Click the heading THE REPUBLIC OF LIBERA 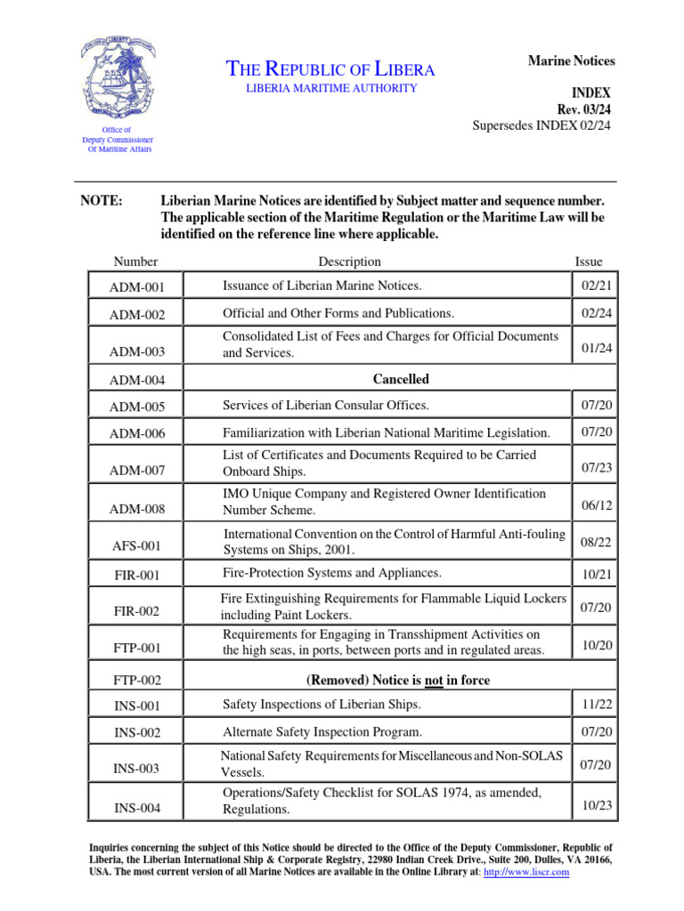click(x=331, y=69)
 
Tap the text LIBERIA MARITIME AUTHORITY click(x=330, y=88)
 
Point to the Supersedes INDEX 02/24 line click(x=541, y=125)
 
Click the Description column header click(x=349, y=262)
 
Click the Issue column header click(x=588, y=262)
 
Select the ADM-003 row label click(x=136, y=352)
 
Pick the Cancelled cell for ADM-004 click(x=401, y=379)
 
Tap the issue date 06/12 click(x=596, y=504)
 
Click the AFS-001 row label click(x=136, y=545)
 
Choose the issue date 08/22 click(x=596, y=541)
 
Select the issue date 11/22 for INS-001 click(x=596, y=704)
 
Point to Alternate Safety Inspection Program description click(x=322, y=732)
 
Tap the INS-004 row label click(x=136, y=809)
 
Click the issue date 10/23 click(x=596, y=804)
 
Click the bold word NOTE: click(x=102, y=202)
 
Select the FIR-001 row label click(x=136, y=576)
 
